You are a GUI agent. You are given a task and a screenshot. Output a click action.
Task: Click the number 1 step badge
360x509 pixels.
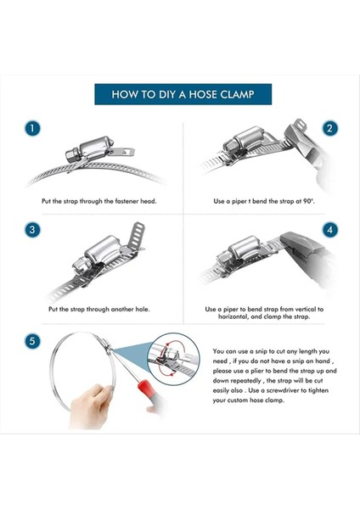32,128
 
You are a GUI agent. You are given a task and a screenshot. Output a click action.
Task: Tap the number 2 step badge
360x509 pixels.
329,128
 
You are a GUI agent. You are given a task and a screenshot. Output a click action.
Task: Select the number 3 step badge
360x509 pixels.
32,230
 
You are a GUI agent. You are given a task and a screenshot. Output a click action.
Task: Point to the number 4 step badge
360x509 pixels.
329,230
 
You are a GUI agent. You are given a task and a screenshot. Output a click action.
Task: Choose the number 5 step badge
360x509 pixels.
32,342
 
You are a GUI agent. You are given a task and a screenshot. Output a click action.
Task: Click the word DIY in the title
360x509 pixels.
167,94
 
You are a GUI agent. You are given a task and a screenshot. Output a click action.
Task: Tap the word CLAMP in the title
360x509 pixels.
237,94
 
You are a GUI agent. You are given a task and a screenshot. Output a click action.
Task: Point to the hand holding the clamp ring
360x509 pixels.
90,406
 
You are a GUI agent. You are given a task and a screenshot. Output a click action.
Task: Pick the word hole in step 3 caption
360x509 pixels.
143,310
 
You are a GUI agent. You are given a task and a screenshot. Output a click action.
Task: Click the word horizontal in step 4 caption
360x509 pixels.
233,316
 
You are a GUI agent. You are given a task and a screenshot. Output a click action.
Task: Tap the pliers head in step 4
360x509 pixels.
302,249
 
